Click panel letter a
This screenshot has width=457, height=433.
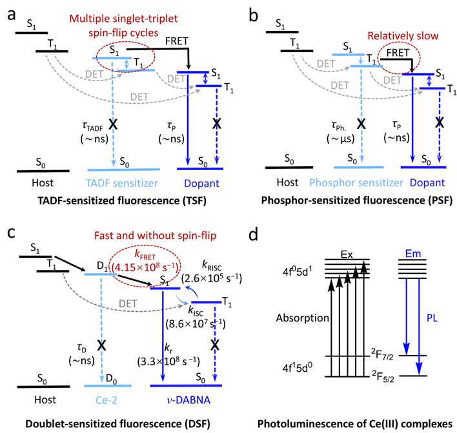click(x=12, y=12)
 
